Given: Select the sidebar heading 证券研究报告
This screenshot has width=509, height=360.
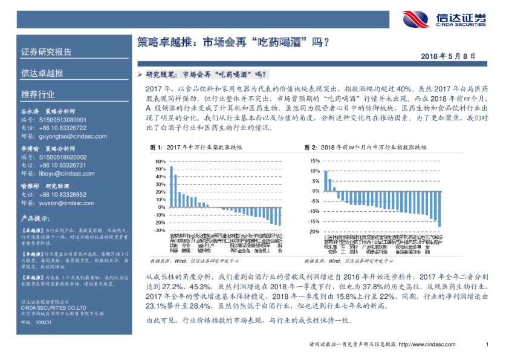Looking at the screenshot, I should click(47, 51).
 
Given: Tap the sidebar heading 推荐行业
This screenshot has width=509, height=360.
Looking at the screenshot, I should click(37, 94).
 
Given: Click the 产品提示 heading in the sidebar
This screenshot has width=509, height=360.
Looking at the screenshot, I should click(35, 218).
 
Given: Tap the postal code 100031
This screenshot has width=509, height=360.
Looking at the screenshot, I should click(44, 322).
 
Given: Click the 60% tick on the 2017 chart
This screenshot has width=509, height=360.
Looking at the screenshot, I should click(160, 162).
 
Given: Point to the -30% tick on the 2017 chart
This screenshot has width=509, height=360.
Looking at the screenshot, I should click(160, 230).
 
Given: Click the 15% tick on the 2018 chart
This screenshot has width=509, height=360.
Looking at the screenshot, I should click(315, 161).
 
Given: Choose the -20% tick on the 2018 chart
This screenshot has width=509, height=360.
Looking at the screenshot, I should click(314, 232).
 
